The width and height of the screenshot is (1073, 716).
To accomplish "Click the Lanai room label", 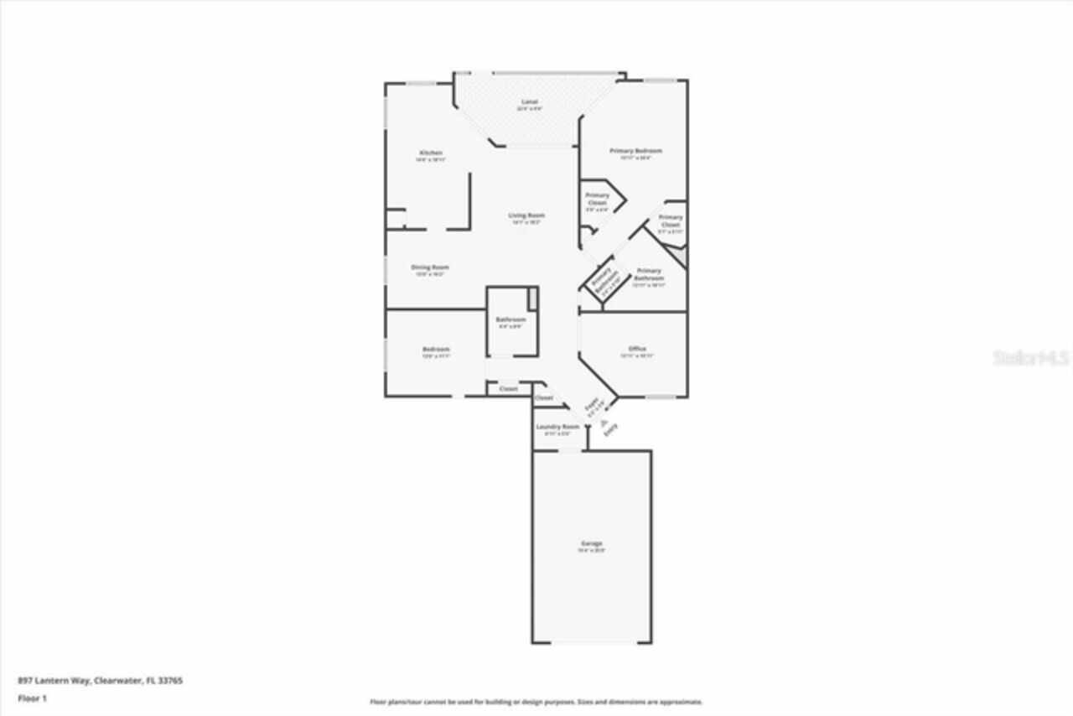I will point(529,102).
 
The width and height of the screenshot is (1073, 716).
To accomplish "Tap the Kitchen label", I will point(430,153).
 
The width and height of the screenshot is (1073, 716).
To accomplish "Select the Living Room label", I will point(526,215).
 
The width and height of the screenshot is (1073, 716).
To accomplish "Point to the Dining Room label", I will point(429,267).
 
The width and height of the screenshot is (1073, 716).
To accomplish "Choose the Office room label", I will point(637,349).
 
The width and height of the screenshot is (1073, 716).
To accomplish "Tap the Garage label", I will point(591,544).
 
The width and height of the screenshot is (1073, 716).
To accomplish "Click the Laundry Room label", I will point(557,427).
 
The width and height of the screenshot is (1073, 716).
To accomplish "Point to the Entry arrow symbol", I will point(603,424).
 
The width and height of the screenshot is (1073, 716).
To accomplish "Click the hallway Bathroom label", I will point(511,319).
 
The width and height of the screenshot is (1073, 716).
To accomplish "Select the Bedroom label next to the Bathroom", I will point(436,349).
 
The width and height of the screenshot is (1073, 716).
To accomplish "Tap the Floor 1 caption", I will point(33,698).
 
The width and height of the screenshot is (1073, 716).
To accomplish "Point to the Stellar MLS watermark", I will point(1032,358).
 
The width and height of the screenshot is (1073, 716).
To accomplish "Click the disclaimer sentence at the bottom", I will point(536,702).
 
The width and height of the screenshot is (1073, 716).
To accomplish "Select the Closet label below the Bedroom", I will point(509,389).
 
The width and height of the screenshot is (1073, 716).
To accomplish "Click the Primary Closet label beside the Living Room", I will point(598,200).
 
